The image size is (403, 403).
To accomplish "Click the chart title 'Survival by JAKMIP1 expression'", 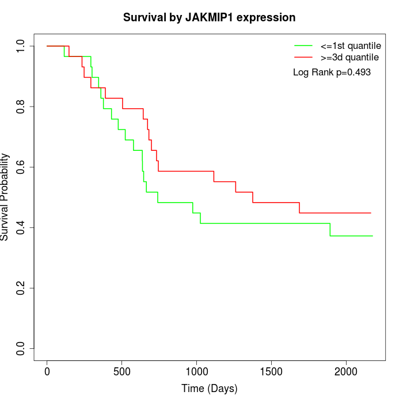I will point(209,18).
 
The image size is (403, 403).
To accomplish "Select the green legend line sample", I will point(303,45).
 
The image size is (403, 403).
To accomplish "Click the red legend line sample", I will point(303,57).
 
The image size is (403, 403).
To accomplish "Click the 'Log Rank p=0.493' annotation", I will point(332,73).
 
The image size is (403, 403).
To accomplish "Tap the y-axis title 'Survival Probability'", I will point(5,197).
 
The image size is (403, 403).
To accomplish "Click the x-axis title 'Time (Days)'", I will point(209,389).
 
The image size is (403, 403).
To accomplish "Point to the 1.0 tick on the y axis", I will point(21,46).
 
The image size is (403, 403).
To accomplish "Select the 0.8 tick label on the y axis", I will point(21,107).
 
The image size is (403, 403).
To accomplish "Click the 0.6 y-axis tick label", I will point(21,167).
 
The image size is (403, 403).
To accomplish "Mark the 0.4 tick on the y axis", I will point(21,227).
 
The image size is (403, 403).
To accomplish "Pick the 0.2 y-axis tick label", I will point(21,288).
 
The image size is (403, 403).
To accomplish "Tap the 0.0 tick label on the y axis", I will point(21,348).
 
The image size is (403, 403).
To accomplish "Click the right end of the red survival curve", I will point(371,213).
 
